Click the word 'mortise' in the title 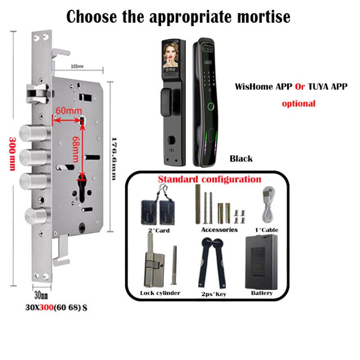(x=259, y=17)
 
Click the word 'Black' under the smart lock (x=241, y=158)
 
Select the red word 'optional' (x=298, y=103)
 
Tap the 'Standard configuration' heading (x=209, y=180)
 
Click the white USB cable (x=268, y=203)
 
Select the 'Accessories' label (x=219, y=229)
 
